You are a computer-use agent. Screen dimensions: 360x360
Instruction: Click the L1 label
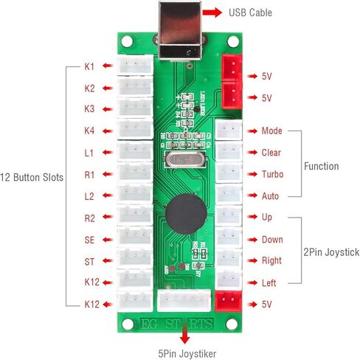[x=89, y=153]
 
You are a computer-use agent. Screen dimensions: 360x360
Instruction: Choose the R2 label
[x=89, y=218]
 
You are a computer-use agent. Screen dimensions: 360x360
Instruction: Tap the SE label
[x=89, y=240]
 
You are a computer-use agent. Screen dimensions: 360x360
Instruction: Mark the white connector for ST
[x=135, y=260]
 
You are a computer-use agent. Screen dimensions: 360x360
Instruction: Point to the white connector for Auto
[x=228, y=195]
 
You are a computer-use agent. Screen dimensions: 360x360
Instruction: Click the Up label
[x=266, y=218]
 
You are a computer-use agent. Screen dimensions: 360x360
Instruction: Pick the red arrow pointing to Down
[x=250, y=240]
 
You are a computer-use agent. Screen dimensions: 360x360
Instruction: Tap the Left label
[x=270, y=283]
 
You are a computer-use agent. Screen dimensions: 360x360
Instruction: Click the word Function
[x=321, y=166]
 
